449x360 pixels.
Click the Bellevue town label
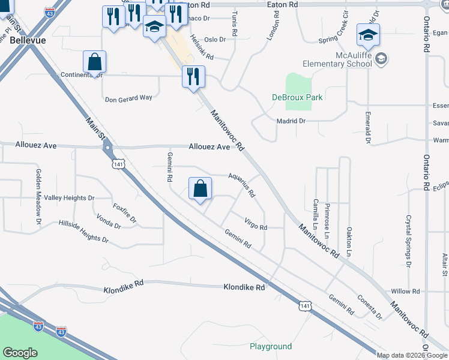(25, 40)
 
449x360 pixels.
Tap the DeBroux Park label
(297, 97)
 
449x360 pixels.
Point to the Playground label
(271, 347)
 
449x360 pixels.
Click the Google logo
(20, 353)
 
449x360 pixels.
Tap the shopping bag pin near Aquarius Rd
(200, 188)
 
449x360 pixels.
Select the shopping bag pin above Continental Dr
(95, 62)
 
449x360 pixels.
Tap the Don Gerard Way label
(128, 98)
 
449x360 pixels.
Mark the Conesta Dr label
(369, 306)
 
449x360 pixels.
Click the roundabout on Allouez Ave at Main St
(107, 147)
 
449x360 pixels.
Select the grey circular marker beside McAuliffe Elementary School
(382, 59)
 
